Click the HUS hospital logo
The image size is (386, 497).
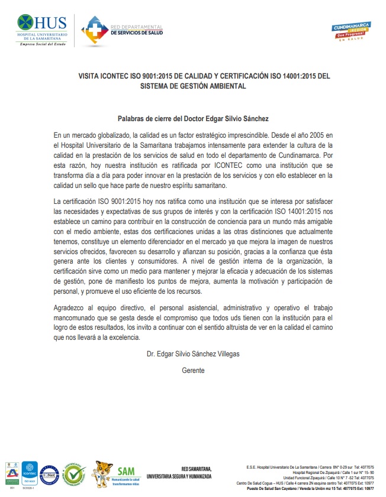tap(44, 30)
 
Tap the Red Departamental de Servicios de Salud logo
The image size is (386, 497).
tap(121, 30)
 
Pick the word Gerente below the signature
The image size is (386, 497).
tap(193, 370)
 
